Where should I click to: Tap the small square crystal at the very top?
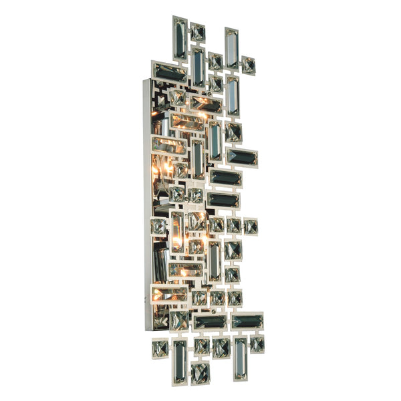pos(198,31)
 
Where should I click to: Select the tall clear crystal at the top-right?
pos(232,48)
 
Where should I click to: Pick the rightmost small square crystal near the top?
pos(248,65)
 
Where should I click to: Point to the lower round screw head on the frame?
pos(213,311)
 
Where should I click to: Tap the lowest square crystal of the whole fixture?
pos(199,372)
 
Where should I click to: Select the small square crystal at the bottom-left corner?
pos(159,348)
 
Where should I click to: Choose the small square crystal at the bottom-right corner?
pos(256,344)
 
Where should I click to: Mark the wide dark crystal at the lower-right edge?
pos(247,321)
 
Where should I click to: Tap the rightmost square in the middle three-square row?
pos(251,226)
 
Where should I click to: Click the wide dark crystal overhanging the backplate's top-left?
pos(170,72)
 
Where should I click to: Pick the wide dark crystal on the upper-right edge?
pos(241,157)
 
